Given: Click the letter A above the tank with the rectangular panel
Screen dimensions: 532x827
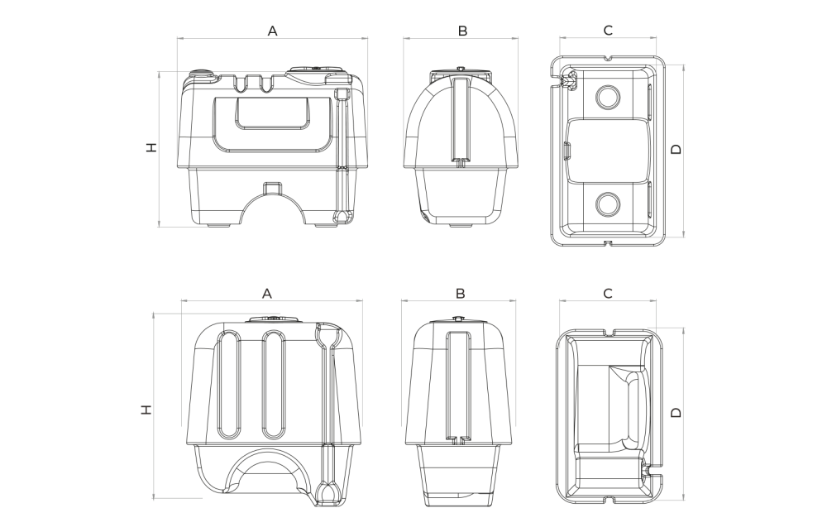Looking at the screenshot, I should pos(272,31).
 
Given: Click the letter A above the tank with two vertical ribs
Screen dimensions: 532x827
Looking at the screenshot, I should pos(267,293).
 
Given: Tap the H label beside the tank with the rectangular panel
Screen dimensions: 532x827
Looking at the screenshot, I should pos(151,147).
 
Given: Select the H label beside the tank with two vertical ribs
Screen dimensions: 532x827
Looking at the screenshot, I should pos(146,409).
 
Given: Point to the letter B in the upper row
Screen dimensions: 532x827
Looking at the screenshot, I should pos(462,31).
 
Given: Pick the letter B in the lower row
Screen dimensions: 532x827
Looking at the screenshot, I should pos(460,293).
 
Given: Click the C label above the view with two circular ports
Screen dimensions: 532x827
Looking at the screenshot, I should pos(608,31).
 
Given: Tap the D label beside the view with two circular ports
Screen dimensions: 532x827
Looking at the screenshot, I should pos(675,149).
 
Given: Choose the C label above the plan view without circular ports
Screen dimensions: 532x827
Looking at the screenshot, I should pos(608,293).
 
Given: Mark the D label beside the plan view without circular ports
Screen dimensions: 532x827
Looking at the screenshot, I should pos(675,411).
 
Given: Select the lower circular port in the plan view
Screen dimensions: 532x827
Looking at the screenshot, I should pos(608,203).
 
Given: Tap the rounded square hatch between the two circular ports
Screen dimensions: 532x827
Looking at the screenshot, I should pos(608,150).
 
